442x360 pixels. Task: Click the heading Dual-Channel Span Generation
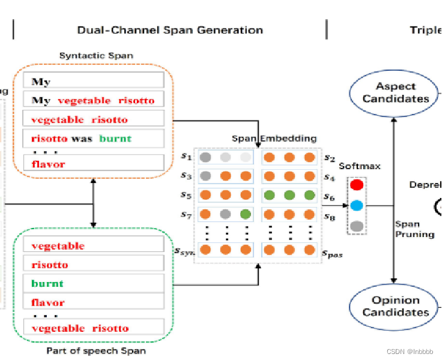170,30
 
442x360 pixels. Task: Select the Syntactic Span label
96,56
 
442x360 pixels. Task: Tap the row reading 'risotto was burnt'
93,138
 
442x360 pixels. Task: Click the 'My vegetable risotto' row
93,100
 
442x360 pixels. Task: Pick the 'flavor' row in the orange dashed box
93,163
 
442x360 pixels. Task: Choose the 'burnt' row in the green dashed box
93,283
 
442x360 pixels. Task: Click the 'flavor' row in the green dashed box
93,302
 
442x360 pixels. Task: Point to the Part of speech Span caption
96,350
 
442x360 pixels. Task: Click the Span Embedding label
274,139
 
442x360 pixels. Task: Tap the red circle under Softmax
357,185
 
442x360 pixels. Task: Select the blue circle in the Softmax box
357,206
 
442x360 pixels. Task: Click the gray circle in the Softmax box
357,226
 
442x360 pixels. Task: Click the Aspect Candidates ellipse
395,92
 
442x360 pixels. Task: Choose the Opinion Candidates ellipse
395,306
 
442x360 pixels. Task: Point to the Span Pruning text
414,229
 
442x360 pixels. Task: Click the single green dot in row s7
245,214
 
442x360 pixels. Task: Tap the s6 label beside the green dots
328,197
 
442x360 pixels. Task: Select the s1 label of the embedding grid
186,157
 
